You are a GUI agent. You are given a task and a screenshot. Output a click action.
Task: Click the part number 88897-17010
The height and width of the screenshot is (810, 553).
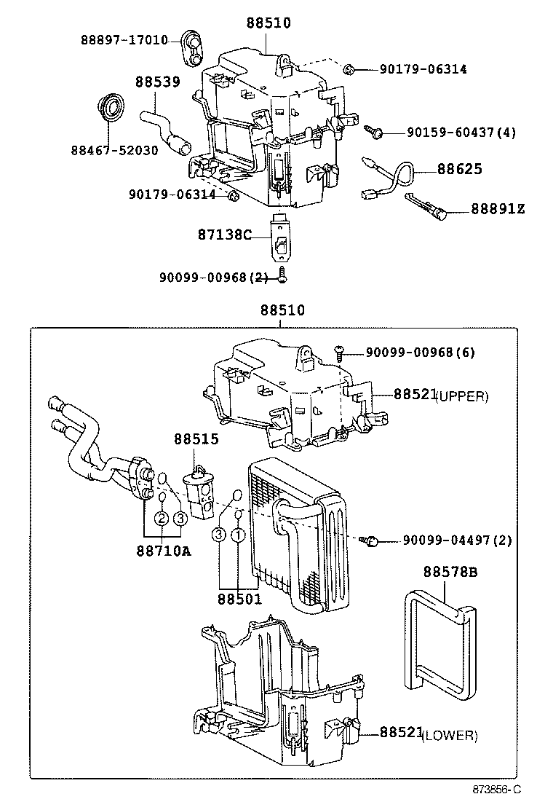click(124, 40)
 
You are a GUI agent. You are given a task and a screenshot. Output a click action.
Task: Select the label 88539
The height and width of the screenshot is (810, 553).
click(157, 82)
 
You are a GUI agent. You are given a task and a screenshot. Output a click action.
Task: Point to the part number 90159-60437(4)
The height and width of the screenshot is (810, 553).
click(461, 133)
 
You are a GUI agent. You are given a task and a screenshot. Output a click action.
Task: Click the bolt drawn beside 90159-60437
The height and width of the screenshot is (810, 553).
click(377, 132)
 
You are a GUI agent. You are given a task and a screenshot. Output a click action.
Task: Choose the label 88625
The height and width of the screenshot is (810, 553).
click(459, 169)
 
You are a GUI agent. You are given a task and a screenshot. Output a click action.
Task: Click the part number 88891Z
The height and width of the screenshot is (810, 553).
click(498, 209)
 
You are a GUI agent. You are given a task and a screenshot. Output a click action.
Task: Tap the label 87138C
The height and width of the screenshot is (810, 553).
click(224, 235)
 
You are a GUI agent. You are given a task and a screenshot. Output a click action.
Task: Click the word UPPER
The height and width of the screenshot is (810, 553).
click(462, 397)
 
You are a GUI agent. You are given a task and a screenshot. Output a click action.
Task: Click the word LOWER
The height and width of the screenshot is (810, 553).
click(450, 736)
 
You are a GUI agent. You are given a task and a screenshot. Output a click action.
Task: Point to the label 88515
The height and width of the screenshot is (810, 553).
click(196, 439)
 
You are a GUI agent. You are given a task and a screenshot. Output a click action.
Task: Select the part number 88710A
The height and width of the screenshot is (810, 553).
click(163, 550)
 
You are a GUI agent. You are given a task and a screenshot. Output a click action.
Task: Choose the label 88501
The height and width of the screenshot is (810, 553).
click(239, 599)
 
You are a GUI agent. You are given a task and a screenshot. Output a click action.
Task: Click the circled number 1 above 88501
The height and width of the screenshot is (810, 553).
click(237, 535)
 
